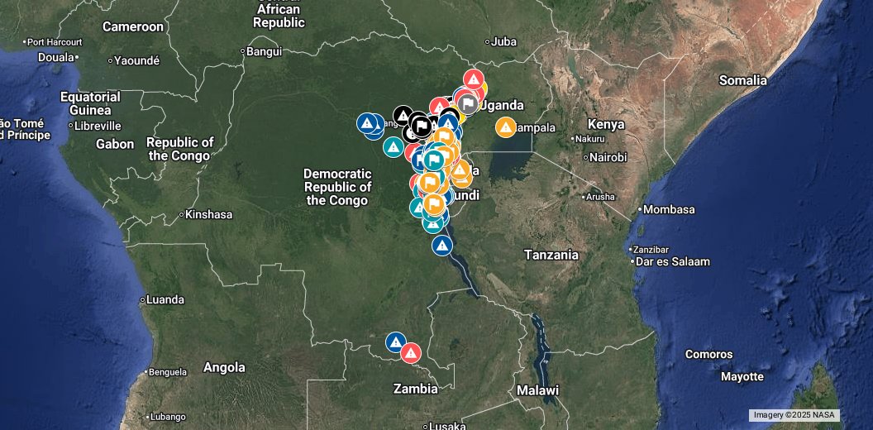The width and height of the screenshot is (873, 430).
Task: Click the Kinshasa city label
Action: (208, 214)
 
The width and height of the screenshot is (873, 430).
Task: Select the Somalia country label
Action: (742, 80)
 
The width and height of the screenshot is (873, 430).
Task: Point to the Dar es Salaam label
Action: (671, 262)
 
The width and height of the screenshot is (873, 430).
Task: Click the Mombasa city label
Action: (669, 209)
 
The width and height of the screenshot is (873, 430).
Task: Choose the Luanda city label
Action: (165, 299)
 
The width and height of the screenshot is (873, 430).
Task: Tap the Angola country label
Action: (224, 367)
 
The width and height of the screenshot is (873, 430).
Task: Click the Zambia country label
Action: (415, 389)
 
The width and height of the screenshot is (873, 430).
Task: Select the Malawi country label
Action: (537, 390)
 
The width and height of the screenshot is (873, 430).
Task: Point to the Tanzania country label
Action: (551, 255)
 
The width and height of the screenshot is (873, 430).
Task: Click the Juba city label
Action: (503, 41)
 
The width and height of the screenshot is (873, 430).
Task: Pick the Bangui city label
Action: (264, 51)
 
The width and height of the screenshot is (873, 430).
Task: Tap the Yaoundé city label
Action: (136, 60)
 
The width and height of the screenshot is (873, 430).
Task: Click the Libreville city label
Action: (98, 127)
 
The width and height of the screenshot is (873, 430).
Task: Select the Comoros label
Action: (708, 355)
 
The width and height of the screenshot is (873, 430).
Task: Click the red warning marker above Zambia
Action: (411, 353)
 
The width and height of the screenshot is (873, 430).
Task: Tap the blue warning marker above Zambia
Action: (396, 342)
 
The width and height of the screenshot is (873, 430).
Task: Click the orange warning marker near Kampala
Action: (505, 127)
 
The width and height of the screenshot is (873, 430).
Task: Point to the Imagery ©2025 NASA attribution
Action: (794, 415)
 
